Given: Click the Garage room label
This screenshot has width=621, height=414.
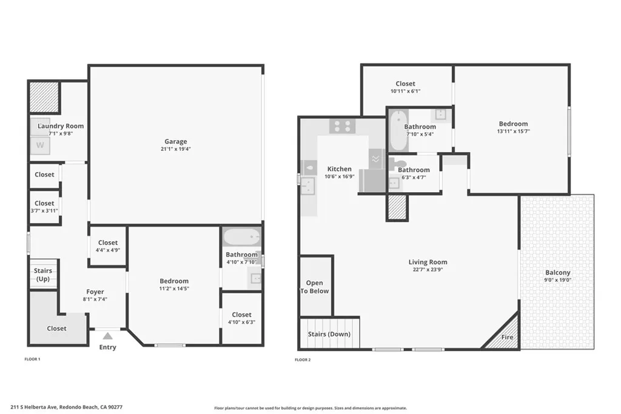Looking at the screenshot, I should (x=175, y=142).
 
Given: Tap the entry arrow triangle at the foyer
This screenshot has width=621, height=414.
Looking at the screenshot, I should (x=107, y=335).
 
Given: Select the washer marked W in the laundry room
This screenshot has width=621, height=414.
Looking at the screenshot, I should (x=40, y=145).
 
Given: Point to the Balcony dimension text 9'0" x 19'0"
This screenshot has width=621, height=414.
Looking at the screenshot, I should (x=557, y=281).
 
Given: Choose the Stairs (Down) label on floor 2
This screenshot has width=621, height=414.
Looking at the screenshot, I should (x=329, y=334).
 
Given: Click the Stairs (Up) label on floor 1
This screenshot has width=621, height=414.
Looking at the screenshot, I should (x=43, y=275).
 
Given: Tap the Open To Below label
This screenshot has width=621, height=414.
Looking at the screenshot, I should (x=315, y=287).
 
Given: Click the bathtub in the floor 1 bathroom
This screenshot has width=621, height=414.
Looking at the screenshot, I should (x=241, y=236).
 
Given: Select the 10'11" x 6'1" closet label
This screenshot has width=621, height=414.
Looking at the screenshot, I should (x=405, y=92).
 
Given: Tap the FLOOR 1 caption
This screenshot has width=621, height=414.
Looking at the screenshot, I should (x=32, y=359).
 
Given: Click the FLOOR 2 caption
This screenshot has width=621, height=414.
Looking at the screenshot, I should (x=303, y=359).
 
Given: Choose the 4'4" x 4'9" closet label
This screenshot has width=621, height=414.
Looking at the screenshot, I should (x=108, y=250).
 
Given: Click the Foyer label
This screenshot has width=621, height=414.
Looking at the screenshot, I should (x=95, y=292).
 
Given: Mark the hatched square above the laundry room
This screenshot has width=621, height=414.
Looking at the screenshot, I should (x=43, y=97).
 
